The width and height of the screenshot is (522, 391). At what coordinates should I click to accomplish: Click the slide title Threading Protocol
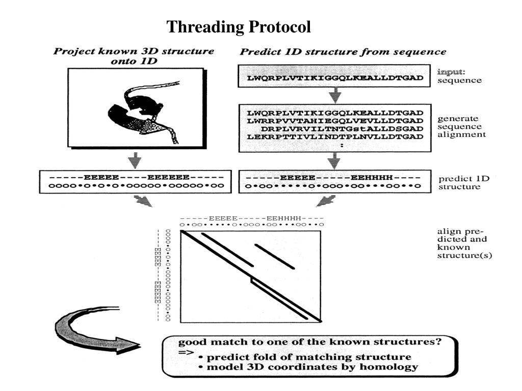coord(239,26)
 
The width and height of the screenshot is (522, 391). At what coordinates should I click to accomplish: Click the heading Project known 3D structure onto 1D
coord(134,56)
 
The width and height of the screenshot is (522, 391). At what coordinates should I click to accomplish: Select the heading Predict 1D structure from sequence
coord(343,51)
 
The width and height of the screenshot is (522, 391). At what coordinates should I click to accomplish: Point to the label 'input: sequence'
coord(459,76)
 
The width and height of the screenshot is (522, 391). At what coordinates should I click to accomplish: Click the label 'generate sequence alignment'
coord(461,127)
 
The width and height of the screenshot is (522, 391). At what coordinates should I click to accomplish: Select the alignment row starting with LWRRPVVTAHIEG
coord(335,120)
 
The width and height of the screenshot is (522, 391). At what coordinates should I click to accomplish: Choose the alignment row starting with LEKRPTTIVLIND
coord(335,136)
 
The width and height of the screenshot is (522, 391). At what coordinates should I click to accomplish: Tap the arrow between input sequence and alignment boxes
coord(335,95)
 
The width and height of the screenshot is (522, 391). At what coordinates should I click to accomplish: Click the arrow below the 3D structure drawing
coord(135,160)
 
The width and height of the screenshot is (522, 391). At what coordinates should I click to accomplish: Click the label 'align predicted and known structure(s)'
coord(464,243)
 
